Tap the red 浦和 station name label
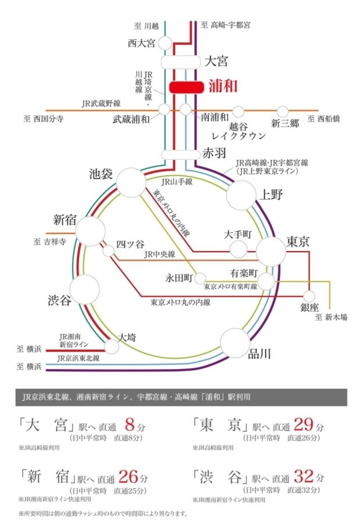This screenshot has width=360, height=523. click(x=223, y=87)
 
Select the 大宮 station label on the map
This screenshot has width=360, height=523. click(x=216, y=61)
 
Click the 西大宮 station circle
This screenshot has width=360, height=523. click(x=165, y=43)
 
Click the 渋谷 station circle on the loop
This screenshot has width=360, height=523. click(x=84, y=289)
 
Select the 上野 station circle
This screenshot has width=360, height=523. click(x=241, y=195)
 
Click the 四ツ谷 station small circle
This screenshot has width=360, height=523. click(x=108, y=251)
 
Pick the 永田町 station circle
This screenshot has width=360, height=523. click(x=201, y=278)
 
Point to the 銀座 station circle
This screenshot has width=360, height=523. click(x=309, y=296)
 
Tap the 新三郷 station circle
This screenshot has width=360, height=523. click(x=283, y=111)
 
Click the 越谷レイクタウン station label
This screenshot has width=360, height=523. click(x=239, y=131)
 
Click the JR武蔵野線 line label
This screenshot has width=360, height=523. click(x=101, y=103)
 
